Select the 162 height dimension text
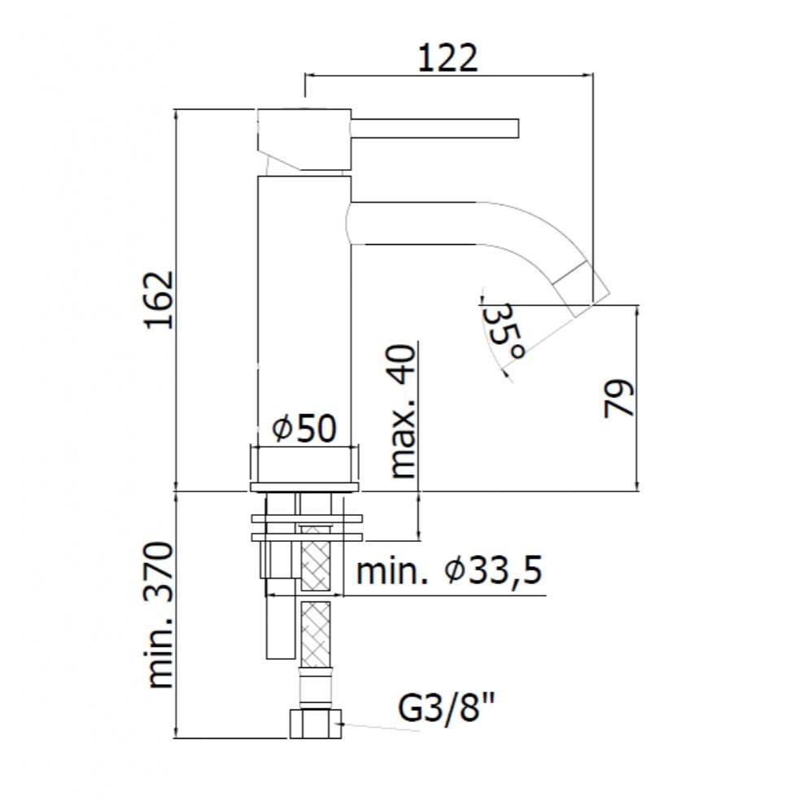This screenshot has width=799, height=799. [159, 300]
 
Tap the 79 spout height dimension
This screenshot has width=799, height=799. [618, 398]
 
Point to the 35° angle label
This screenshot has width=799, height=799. [503, 331]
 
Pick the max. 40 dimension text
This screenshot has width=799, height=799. [403, 411]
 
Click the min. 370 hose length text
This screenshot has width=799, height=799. [160, 616]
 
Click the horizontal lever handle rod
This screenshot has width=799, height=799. [434, 129]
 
